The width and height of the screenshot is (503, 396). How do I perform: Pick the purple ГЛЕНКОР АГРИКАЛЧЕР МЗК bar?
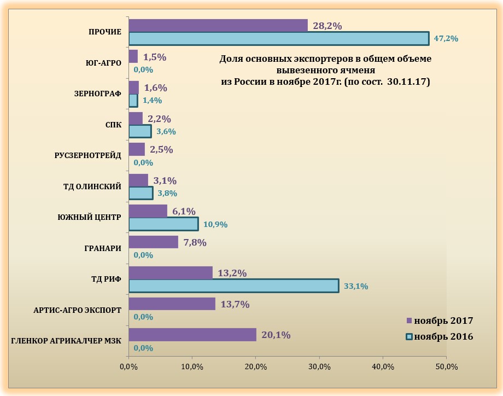click(192, 335)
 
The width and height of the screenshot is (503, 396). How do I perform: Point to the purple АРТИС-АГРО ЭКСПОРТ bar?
click(172, 304)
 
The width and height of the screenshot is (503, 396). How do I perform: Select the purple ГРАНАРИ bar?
click(153, 242)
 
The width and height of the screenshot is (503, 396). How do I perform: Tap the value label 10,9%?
click(215, 224)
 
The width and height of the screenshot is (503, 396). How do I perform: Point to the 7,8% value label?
click(194, 242)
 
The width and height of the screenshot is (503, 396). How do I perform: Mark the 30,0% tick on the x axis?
click(319, 366)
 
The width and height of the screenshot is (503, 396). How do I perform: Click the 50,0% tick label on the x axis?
click(446, 366)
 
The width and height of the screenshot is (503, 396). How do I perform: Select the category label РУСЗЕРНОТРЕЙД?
click(87, 155)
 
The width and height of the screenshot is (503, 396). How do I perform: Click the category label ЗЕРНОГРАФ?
click(97, 94)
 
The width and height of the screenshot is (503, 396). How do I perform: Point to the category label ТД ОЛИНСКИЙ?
click(92, 187)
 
